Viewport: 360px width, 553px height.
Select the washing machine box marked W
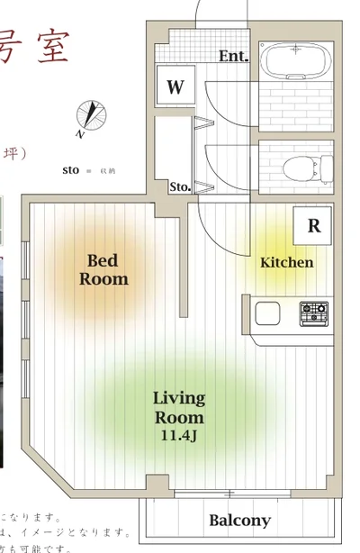point(175,87)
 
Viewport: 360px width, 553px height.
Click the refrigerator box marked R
point(313,225)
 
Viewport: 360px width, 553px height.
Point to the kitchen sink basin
point(268,314)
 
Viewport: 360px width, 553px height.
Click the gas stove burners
point(314,313)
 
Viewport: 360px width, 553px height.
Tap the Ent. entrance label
point(233,57)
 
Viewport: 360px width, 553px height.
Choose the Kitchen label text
point(286,263)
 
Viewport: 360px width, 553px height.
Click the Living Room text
point(179,407)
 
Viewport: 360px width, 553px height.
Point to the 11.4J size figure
point(179,436)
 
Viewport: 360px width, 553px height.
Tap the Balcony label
point(239,521)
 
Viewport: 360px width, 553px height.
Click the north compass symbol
point(91,115)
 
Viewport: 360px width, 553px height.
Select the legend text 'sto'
point(71,169)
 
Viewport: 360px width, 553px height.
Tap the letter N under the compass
point(79,134)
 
